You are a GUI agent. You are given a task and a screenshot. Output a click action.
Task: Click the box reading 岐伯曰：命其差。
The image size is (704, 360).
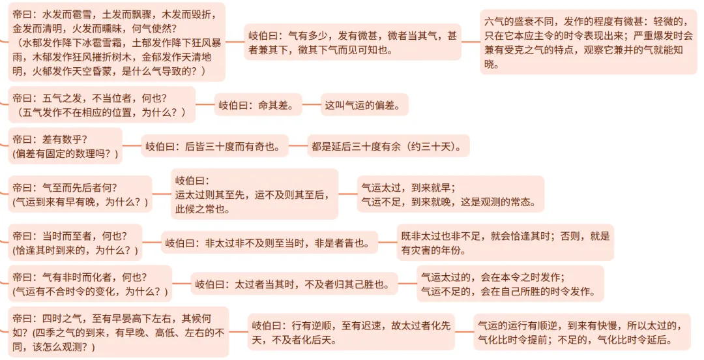coord(257,105)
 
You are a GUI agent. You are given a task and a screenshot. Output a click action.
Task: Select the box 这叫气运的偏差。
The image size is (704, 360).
coord(364,105)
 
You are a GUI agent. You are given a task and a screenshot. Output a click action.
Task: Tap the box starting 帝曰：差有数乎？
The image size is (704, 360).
coord(65,145)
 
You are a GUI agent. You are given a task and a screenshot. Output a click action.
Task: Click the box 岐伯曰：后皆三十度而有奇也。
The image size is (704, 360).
coord(214,145)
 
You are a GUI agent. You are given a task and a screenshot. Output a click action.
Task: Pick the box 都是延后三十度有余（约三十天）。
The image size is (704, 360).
coord(389,145)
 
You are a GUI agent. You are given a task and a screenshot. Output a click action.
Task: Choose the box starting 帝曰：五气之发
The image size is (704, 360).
coord(102,105)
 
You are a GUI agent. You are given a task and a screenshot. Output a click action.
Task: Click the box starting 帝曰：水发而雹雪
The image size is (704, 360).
coord(116,42)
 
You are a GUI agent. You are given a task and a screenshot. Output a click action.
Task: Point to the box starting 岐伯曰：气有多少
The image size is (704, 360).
coord(353,42)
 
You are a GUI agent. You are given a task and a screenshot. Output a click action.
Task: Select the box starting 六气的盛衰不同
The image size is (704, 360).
coord(588,42)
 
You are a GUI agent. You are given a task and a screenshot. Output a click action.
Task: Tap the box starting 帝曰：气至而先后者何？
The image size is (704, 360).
coord(80,194)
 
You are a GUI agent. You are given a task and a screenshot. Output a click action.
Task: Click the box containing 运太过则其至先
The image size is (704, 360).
coord(254,194)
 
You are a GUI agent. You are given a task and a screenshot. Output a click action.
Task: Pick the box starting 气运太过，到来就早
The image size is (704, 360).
coord(450,194)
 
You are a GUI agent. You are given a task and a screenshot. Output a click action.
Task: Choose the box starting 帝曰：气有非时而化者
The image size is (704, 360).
coord(90,284)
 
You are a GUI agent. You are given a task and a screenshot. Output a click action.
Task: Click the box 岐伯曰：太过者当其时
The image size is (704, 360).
coord(294,284)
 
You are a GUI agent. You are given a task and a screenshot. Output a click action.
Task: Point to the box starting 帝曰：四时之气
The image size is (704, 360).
coord(119,332)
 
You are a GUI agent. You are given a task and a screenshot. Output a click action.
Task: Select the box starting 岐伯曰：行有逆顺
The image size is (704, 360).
coord(351,332)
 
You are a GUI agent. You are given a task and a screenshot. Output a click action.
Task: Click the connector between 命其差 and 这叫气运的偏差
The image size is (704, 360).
coord(312,105)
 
